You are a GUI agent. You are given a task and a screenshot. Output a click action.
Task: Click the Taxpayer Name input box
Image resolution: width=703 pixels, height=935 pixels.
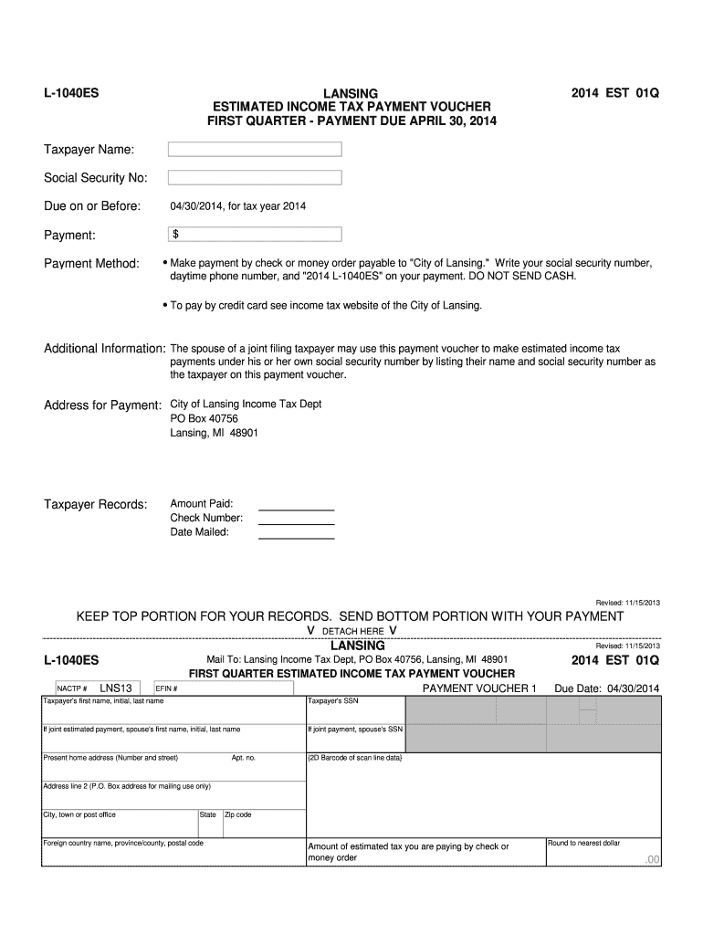tap(255, 149)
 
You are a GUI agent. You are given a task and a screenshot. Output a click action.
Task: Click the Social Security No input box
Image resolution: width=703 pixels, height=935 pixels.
tap(255, 177)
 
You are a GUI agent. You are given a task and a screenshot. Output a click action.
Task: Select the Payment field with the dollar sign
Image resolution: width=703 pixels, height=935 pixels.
tap(255, 235)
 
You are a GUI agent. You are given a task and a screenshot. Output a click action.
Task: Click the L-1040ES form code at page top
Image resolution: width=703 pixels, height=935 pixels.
tap(72, 93)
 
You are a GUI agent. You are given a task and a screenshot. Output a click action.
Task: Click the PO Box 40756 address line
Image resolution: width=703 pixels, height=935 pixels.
tap(205, 418)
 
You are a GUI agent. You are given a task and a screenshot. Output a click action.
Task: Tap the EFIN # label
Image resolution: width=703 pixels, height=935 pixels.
tap(166, 688)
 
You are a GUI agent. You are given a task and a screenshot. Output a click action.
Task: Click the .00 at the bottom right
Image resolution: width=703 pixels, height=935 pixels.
tap(651, 860)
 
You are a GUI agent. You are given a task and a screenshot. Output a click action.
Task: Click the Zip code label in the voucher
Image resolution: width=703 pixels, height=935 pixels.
tap(237, 814)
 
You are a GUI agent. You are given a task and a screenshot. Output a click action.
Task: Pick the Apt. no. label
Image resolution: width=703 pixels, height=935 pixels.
tap(244, 758)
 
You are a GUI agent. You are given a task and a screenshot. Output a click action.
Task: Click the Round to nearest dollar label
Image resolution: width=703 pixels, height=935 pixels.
tap(583, 843)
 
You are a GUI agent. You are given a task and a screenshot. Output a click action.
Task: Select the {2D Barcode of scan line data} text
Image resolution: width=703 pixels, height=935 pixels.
tap(355, 758)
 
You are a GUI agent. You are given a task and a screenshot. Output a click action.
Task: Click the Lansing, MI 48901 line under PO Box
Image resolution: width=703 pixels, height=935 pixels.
tap(214, 433)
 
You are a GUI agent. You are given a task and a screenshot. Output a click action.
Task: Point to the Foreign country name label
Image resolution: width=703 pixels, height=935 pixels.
tap(123, 843)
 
